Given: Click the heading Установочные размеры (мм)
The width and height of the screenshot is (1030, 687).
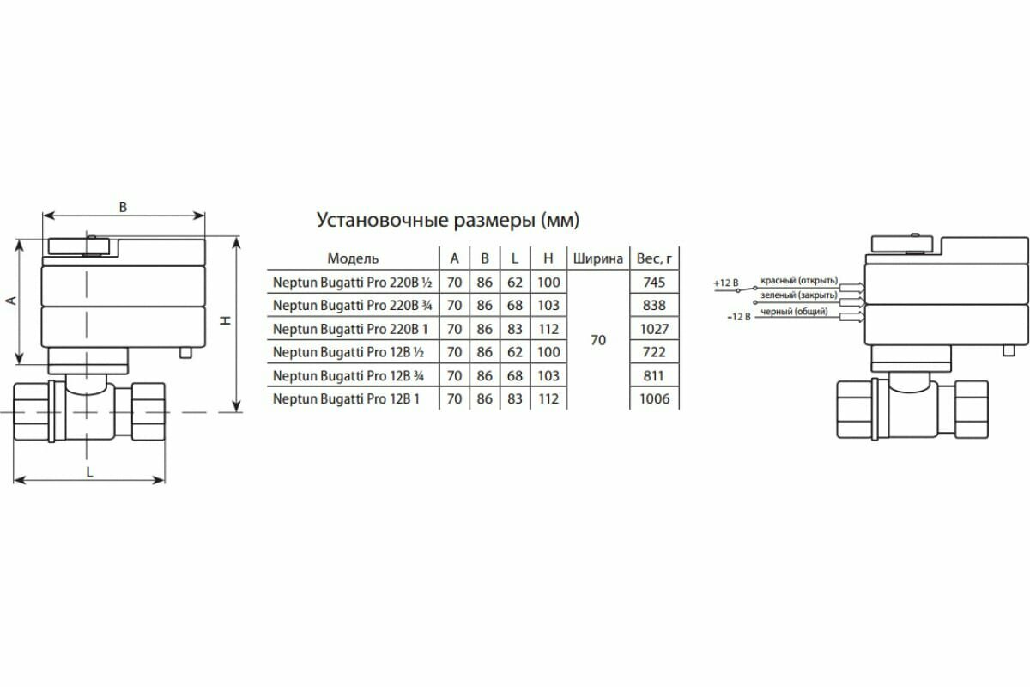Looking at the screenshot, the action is (449, 220).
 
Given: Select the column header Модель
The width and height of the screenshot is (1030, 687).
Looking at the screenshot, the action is (353, 258).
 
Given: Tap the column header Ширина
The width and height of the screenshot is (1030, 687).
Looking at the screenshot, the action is (597, 258).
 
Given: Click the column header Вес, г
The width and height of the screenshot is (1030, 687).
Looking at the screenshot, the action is (653, 258).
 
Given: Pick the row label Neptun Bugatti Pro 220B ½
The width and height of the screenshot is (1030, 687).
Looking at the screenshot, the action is (351, 282).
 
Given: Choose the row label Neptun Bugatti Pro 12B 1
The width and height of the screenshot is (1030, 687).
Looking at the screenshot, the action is (346, 398).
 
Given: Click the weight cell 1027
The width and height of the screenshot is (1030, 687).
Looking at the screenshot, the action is (653, 329).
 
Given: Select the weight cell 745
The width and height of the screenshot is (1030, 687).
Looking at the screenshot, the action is (653, 282).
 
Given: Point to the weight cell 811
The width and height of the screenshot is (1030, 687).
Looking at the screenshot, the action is (653, 375).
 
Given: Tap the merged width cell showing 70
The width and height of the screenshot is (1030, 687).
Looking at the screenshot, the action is (598, 340).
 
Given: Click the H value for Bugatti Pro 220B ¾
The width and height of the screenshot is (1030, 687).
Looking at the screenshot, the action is (547, 305).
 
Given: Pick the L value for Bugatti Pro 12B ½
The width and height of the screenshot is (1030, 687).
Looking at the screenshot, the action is (515, 352).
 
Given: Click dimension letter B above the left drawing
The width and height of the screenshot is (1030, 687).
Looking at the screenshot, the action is (123, 207).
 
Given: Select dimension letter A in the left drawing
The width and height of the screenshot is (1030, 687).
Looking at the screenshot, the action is (10, 301).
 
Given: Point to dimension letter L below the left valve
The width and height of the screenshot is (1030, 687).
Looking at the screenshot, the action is (89, 471).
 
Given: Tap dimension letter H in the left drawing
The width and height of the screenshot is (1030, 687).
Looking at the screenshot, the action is (225, 320).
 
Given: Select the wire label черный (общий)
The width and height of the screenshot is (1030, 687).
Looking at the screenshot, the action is (795, 312).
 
